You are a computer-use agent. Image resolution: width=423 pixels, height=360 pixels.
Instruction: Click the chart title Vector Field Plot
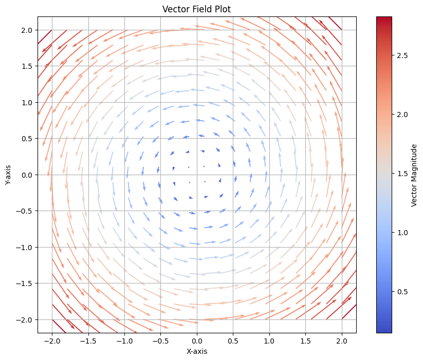(x=197, y=9)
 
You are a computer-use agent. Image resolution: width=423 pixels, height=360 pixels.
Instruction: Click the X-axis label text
(x=197, y=351)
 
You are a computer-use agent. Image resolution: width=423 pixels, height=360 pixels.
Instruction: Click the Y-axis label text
(x=8, y=175)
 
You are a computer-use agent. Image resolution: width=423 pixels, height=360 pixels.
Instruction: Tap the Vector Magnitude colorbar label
(x=414, y=175)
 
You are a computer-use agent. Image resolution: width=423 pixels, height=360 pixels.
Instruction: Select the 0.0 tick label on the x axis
(x=197, y=340)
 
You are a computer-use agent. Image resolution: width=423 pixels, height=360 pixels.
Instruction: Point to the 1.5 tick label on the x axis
(x=306, y=340)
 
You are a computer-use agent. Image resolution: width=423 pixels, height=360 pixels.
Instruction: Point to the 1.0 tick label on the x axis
(x=269, y=340)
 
